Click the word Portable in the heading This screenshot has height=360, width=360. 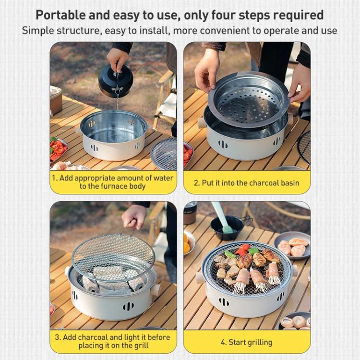click(x=60, y=15)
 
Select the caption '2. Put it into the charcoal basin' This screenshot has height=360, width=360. click(x=247, y=183)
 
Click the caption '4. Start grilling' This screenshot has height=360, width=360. click(x=247, y=342)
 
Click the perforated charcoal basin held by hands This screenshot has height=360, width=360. click(x=248, y=101)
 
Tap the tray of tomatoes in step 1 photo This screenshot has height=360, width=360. click(x=58, y=150)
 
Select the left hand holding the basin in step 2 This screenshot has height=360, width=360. click(x=207, y=70)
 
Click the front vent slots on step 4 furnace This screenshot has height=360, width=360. click(x=224, y=302)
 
